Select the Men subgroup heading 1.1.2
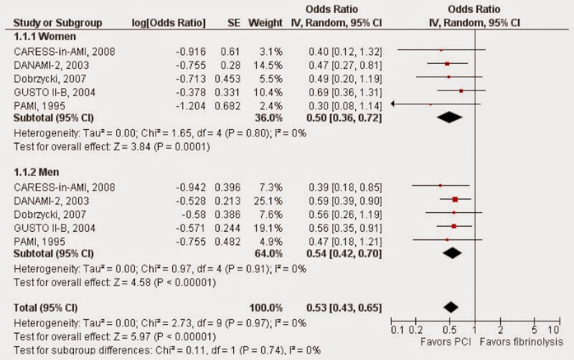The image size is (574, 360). point(37,174)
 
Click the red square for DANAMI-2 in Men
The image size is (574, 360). point(455,199)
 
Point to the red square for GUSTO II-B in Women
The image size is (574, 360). point(461,90)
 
